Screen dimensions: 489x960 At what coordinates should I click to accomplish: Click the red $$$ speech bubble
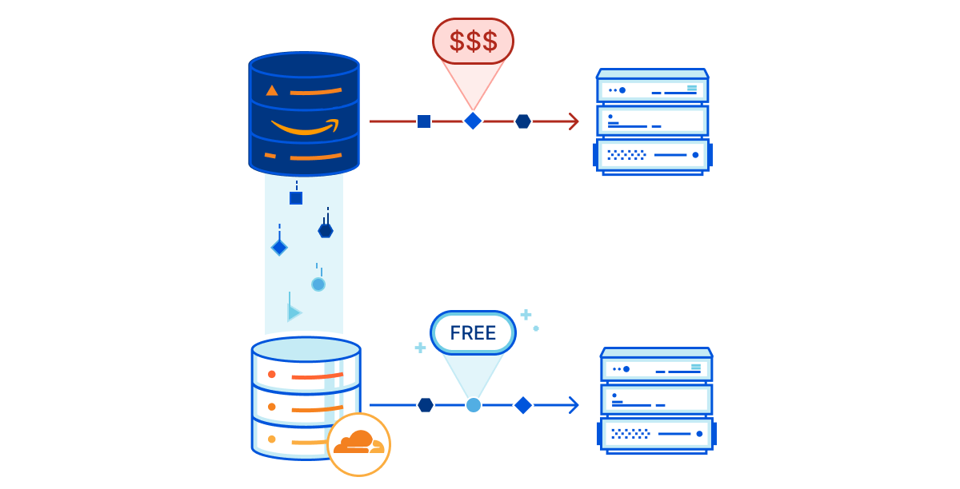[473, 41]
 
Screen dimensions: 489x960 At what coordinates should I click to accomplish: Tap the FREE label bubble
[473, 333]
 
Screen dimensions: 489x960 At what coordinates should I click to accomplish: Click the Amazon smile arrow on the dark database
[305, 126]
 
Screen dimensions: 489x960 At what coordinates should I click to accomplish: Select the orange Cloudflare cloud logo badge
[359, 444]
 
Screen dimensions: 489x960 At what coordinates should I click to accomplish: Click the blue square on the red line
[424, 121]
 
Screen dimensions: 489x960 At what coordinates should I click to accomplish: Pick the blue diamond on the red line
[473, 121]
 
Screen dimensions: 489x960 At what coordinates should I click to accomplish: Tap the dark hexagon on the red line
[523, 121]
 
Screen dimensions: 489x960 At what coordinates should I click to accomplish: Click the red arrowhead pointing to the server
[573, 121]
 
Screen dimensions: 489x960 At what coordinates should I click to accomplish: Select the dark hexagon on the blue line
[426, 405]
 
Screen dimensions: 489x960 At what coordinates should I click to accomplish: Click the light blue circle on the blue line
[474, 405]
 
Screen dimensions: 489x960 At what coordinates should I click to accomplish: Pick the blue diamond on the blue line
[523, 405]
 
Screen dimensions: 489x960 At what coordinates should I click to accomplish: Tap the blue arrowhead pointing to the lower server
[573, 405]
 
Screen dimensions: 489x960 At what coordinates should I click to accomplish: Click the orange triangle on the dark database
[272, 90]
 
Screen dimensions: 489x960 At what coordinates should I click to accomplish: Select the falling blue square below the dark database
[296, 198]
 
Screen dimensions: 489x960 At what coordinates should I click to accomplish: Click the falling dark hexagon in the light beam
[326, 230]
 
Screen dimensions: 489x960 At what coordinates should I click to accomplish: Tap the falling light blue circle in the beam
[318, 284]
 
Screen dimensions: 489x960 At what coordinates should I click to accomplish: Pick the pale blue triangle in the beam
[294, 312]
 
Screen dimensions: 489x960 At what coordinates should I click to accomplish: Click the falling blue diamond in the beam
[279, 248]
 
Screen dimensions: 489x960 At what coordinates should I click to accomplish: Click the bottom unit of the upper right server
[652, 154]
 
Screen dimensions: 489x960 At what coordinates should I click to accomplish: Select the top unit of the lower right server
[656, 369]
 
